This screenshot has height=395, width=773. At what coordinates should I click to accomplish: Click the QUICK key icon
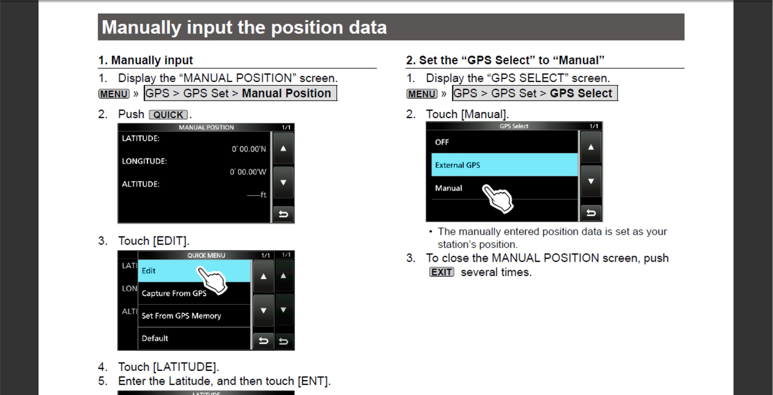tap(168, 115)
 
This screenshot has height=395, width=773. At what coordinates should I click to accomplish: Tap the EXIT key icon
tap(441, 272)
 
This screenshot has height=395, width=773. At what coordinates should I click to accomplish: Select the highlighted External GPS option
tap(504, 165)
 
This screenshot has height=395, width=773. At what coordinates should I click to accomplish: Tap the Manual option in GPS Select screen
tap(448, 188)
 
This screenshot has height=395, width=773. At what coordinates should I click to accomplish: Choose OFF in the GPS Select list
tap(442, 142)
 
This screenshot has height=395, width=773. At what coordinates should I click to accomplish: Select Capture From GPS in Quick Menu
tap(174, 293)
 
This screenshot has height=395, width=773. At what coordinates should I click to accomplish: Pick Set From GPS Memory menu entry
tap(181, 316)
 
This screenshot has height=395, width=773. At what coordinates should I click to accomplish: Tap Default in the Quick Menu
tap(155, 338)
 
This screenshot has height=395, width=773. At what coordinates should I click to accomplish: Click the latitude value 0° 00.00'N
tap(249, 149)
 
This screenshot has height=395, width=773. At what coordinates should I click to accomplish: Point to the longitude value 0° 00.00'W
tap(248, 172)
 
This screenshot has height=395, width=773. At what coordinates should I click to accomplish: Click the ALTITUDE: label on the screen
tap(140, 184)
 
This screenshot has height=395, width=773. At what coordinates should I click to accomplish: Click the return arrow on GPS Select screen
tap(591, 213)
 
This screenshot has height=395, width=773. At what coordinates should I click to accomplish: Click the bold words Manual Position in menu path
tap(286, 93)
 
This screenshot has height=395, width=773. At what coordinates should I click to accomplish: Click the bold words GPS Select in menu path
tap(581, 93)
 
